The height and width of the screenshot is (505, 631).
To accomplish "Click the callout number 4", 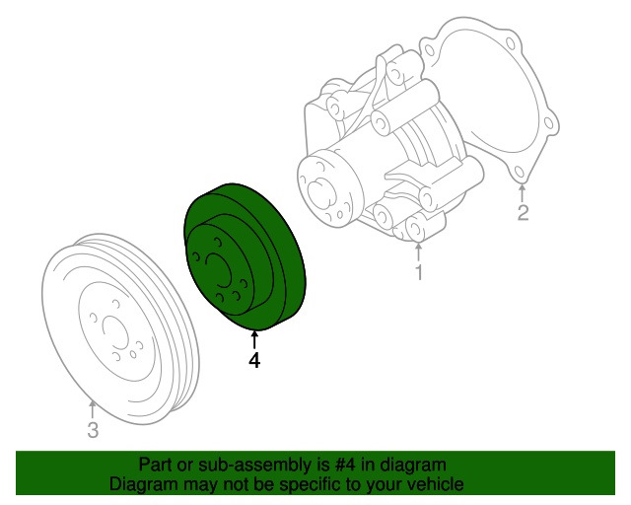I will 254,361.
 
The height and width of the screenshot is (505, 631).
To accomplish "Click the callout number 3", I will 92,429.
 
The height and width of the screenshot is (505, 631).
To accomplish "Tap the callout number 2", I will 524,212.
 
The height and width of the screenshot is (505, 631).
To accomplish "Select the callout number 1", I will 418,272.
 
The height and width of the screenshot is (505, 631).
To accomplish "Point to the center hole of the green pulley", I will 218,268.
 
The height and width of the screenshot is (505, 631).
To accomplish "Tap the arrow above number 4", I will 254,339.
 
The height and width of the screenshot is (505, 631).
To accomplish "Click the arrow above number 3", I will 92,406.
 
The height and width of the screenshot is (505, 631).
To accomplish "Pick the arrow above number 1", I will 418,250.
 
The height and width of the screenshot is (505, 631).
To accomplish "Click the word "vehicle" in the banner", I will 433,484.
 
